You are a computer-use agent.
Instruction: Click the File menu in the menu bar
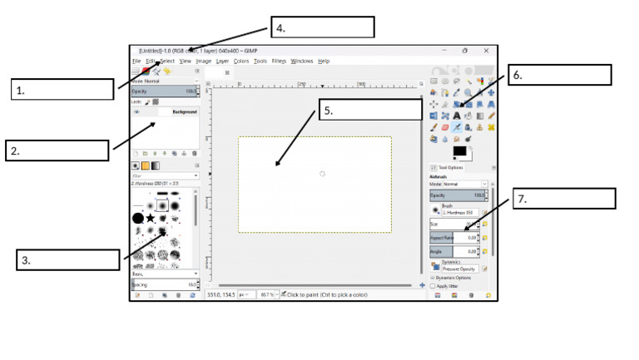coord(136,61)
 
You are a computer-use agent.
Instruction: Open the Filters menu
coord(279,61)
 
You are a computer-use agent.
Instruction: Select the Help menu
coord(324,61)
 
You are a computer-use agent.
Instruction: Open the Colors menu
coord(241,61)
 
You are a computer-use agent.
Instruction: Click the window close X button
coord(486,50)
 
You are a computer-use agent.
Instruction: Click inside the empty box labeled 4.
coord(322,27)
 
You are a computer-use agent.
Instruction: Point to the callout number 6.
coord(518,75)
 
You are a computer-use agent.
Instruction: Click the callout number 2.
coord(15,151)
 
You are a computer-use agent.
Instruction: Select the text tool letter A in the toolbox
coord(457,116)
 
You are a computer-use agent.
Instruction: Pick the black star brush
coord(151,218)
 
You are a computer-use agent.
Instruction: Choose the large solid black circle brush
coord(138,218)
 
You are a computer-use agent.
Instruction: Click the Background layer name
coord(184,111)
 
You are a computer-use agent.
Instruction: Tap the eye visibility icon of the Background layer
coord(136,111)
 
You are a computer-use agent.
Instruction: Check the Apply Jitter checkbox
coord(433,285)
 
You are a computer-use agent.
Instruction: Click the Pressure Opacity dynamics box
coord(458,269)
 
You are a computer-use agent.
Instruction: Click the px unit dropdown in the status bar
coord(245,294)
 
